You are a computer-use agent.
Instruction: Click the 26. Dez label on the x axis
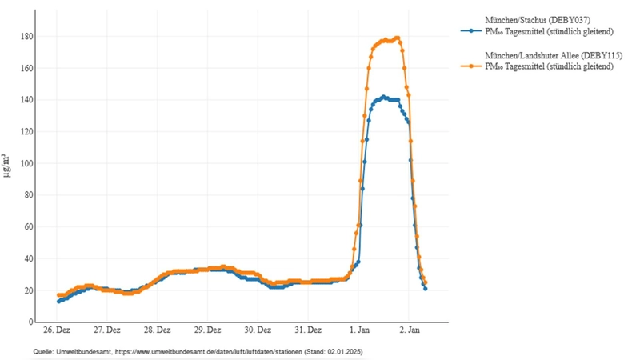click(x=56, y=330)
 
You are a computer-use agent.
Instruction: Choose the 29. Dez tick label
click(x=207, y=330)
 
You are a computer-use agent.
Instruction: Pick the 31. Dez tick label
click(x=309, y=330)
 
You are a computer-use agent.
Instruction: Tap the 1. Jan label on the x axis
click(x=359, y=330)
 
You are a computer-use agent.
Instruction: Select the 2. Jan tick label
click(x=410, y=330)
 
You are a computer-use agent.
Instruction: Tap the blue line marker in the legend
click(x=472, y=30)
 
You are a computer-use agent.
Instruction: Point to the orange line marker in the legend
click(x=472, y=67)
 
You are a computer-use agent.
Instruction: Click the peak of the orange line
click(x=397, y=38)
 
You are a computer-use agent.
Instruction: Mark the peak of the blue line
click(x=384, y=97)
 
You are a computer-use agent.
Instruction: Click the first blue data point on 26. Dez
click(x=58, y=301)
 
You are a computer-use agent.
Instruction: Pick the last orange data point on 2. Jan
click(x=425, y=282)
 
